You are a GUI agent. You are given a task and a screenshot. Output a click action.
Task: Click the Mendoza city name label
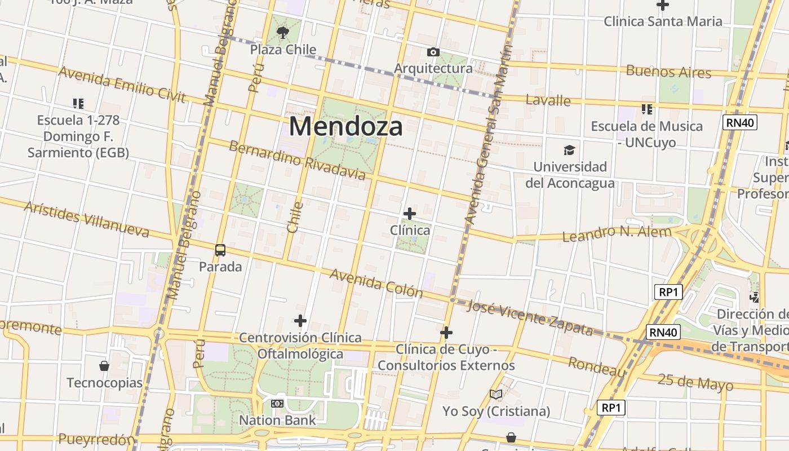(x=345, y=126)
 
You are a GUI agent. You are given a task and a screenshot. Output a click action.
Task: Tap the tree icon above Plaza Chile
(x=283, y=33)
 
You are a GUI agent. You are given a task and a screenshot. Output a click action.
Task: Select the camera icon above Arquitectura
(x=433, y=52)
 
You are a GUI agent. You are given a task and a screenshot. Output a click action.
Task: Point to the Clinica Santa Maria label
(x=663, y=21)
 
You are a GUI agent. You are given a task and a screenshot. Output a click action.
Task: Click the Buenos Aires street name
(x=668, y=72)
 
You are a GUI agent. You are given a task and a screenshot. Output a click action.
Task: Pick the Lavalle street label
(x=548, y=100)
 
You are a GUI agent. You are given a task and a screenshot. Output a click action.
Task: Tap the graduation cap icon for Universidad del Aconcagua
(x=570, y=150)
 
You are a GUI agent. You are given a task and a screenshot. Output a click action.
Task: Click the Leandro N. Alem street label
(x=617, y=233)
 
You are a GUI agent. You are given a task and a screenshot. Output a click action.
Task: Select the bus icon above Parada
(x=220, y=250)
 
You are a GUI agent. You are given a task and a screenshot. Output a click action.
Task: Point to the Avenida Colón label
(x=376, y=282)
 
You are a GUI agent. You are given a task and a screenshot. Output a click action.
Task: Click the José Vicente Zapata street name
(x=530, y=318)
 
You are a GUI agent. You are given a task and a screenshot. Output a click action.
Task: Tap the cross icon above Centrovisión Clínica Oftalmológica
(x=300, y=321)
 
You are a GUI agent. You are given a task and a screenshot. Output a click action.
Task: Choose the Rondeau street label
(x=597, y=366)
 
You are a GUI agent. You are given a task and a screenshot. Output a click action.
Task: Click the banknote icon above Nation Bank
(x=277, y=404)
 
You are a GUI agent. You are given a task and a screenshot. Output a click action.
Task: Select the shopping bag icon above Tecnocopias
(x=104, y=366)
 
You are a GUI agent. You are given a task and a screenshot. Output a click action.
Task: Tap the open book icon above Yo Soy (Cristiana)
(x=496, y=394)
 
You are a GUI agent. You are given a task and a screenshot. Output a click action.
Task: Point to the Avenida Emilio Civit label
(x=122, y=85)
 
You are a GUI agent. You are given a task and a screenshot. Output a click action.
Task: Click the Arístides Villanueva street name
(x=86, y=219)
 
